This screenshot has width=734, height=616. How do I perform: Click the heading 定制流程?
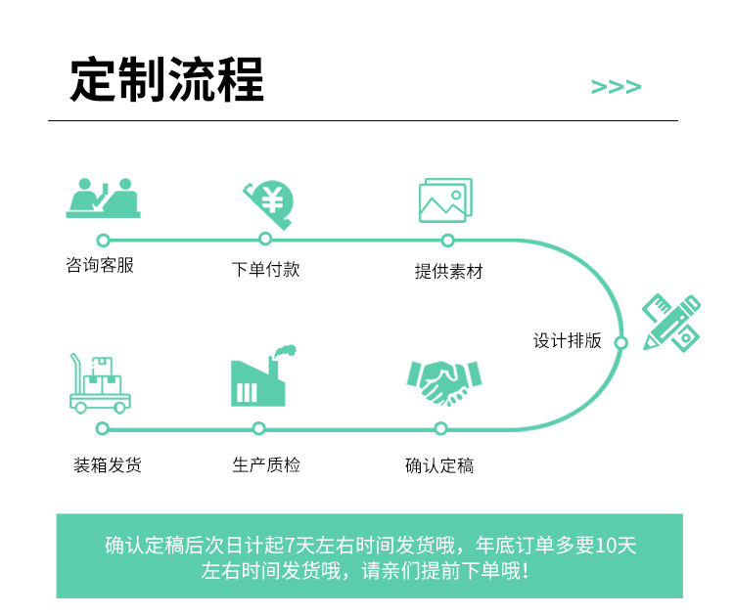(166, 80)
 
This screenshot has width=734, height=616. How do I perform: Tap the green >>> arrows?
(617, 87)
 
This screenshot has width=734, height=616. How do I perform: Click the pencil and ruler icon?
(671, 323)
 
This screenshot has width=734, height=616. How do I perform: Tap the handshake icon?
(443, 382)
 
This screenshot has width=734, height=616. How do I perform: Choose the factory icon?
(262, 376)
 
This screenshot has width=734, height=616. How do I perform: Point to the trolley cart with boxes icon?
(100, 381)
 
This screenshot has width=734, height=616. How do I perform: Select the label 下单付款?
(265, 269)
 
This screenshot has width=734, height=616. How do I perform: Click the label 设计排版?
(568, 341)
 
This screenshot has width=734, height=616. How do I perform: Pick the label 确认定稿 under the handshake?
(439, 465)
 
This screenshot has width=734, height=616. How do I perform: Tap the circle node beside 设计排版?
(620, 342)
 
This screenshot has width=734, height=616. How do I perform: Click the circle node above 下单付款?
(265, 239)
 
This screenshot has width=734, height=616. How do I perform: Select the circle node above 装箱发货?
(103, 428)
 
